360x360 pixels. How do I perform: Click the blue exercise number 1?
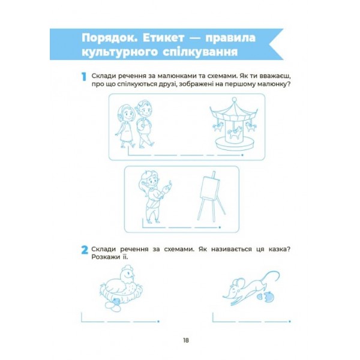[x=84, y=77]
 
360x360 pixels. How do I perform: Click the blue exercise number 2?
[x=85, y=250]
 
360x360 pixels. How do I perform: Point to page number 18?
[x=186, y=340]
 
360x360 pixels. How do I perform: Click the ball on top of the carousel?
[x=234, y=100]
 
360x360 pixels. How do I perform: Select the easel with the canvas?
[x=211, y=197]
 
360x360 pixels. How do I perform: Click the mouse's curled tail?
[x=272, y=278]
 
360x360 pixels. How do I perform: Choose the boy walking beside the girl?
[x=145, y=124]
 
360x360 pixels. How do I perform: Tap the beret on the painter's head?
[x=147, y=174]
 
